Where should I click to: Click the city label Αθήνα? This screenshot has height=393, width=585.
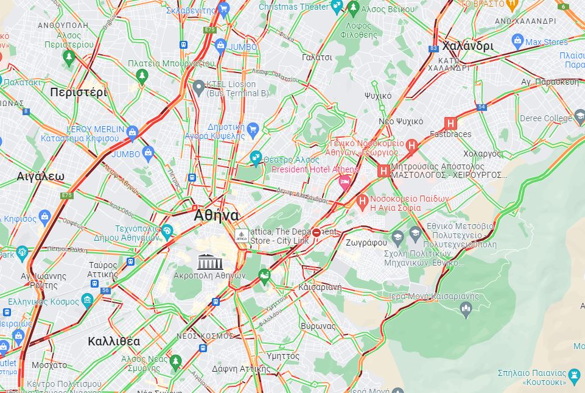[216, 216]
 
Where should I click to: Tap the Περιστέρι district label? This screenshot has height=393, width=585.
[79, 93]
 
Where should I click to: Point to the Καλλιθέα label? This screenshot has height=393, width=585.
[113, 341]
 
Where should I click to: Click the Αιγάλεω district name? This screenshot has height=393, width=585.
[41, 177]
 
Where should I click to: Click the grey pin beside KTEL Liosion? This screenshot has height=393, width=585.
[198, 87]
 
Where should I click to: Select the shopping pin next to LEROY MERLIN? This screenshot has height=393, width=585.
[133, 133]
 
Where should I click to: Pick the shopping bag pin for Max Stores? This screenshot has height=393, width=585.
[517, 42]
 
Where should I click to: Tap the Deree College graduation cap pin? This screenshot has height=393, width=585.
[579, 118]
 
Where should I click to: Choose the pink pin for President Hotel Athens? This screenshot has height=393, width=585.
[345, 182]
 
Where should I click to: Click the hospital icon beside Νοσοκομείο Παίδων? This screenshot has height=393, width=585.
[362, 200]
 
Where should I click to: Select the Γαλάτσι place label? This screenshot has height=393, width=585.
[317, 57]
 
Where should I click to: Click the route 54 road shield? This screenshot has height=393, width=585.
[482, 107]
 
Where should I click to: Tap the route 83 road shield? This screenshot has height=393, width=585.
[433, 49]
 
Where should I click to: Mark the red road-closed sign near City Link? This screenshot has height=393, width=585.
[317, 233]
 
